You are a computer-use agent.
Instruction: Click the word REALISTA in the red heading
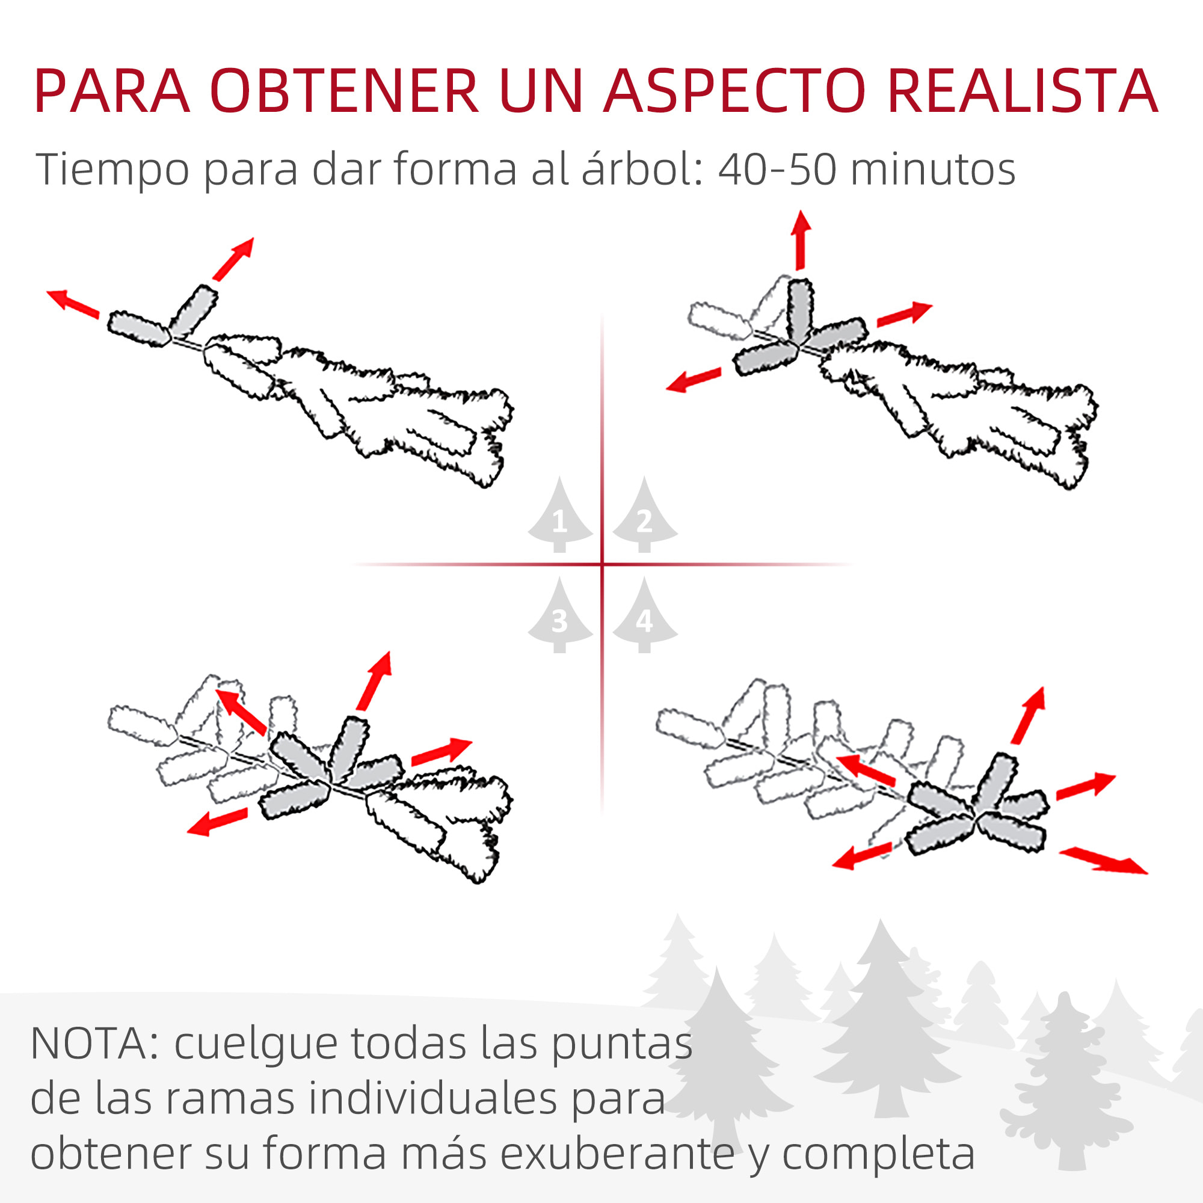tap(1021, 91)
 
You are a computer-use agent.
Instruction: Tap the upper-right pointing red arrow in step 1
tap(233, 259)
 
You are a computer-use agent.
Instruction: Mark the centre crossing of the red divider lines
tap(602, 564)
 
